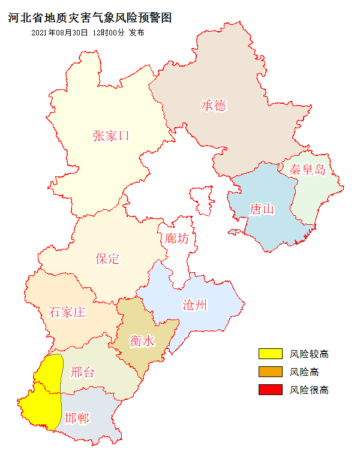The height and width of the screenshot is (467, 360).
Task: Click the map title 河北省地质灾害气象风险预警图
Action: pos(90,18)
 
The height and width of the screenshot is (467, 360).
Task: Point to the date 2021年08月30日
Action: pos(59,33)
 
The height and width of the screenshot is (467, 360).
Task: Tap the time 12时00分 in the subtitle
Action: pos(109,33)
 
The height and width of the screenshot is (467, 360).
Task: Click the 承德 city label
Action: pos(214,106)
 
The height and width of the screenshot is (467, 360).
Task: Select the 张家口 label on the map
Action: pos(111,135)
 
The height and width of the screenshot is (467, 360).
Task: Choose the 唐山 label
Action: pos(262,209)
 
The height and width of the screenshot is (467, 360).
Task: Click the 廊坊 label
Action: pos(177,238)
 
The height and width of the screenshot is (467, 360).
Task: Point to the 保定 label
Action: pos(107,258)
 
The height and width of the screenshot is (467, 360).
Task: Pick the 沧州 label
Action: pos(195,305)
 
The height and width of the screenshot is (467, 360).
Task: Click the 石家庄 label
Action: pos(67,312)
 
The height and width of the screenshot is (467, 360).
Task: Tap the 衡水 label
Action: pos(142,341)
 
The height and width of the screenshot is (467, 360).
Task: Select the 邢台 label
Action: pos(82,372)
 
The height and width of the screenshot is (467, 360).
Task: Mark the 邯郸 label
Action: pos(77,418)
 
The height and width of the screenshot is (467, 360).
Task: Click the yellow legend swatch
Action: pos(270,354)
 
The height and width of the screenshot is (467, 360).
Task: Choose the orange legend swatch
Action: pos(270,372)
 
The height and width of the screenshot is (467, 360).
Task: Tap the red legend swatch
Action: pos(270,390)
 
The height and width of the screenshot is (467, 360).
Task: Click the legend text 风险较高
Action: pos(309,354)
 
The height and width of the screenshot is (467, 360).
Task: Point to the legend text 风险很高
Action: pos(309,390)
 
